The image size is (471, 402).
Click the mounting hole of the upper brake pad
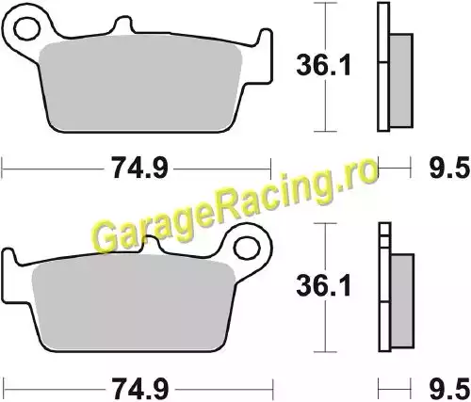[27, 29]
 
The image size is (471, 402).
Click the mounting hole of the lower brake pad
[248, 249]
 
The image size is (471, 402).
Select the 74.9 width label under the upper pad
[139, 169]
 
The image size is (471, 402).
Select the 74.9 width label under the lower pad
[139, 390]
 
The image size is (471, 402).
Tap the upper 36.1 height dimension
[324, 65]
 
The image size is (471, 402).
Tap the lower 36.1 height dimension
[324, 285]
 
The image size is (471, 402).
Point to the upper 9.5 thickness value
[449, 169]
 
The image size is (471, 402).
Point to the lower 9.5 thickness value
[449, 390]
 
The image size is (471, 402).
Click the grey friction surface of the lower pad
[135, 306]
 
